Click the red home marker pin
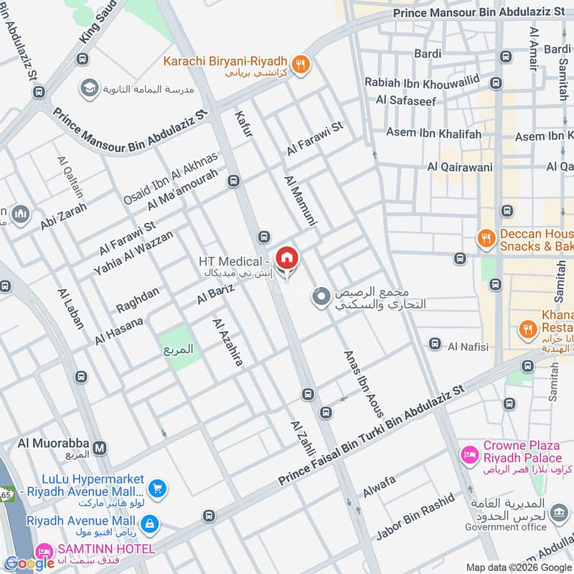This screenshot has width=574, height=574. pos(286,258)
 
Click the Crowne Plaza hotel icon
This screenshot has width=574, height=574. pos(469,453)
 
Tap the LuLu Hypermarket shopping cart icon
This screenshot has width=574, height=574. pos(159,489)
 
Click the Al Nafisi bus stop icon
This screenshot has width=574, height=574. pos(434,344)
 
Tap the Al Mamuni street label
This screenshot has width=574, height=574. pos(300,201)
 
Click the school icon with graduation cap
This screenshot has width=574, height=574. pos(90,88)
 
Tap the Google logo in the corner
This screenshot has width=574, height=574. pos(29,563)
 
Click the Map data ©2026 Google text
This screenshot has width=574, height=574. pos(518,566)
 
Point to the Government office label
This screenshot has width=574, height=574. pos(505,527)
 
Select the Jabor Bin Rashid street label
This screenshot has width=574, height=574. pos(415,517)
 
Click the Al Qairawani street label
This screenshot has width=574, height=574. pos(460,167)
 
